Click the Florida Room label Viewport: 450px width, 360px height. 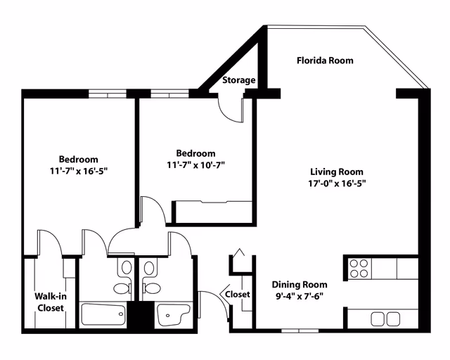325,60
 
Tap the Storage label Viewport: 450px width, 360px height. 239,80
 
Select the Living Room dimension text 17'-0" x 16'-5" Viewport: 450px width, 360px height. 337,184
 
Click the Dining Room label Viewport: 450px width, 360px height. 300,285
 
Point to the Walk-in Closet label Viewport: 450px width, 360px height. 51,302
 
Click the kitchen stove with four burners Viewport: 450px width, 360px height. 359,269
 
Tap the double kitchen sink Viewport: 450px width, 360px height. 385,319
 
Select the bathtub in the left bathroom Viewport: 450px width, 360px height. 103,314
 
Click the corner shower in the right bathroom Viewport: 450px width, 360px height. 174,314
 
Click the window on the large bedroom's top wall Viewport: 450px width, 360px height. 108,94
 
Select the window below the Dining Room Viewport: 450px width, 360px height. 300,330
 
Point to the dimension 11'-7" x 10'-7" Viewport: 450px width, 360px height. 195,165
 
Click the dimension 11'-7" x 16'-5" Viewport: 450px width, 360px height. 78,171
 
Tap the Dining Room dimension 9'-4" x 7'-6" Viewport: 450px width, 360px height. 300,296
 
